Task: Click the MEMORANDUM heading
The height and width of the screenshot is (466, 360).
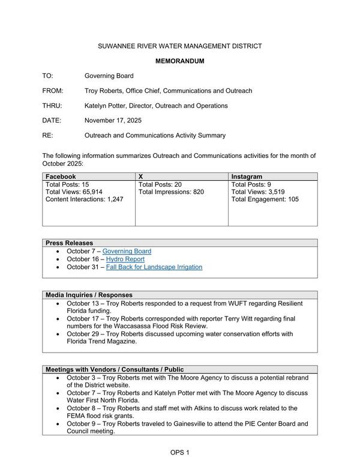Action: tap(180, 61)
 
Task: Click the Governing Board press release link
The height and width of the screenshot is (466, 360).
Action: tap(127, 251)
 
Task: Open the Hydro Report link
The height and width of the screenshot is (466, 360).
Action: tap(125, 259)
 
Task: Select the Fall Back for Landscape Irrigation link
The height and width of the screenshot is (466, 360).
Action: tap(154, 267)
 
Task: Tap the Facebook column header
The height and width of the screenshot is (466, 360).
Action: tap(61, 177)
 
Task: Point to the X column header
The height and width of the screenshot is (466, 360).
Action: tap(141, 177)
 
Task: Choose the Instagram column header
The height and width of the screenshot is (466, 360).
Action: tap(246, 177)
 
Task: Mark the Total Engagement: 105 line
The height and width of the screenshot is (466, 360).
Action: tap(265, 199)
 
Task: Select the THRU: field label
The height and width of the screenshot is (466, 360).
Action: tap(53, 106)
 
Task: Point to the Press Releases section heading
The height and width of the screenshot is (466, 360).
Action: tap(69, 243)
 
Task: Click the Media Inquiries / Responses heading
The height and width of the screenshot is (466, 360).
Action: tap(89, 295)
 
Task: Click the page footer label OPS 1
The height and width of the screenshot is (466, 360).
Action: tap(179, 452)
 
